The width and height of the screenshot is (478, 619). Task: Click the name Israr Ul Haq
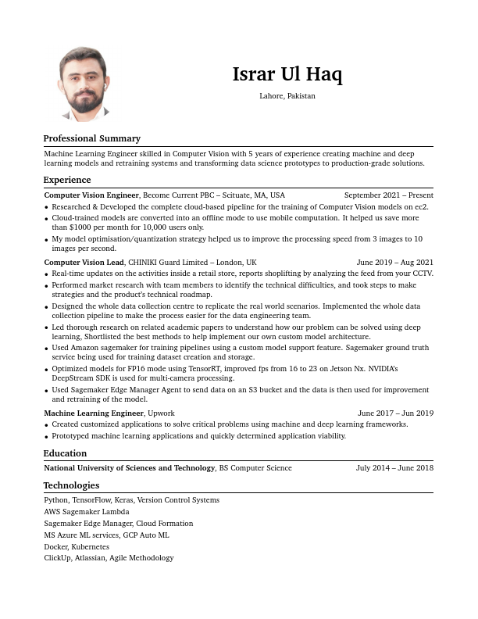(287, 75)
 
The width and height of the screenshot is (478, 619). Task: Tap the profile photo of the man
(84, 84)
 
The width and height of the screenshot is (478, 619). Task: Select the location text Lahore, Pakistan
(287, 96)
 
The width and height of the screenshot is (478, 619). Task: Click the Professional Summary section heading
(91, 138)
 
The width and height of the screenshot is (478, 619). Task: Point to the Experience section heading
(66, 180)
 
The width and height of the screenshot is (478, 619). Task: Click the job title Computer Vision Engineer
(91, 195)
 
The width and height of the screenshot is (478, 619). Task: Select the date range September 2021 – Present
(388, 195)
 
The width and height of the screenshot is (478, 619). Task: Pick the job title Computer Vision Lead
(84, 263)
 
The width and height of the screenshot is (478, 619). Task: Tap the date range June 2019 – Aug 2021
(394, 263)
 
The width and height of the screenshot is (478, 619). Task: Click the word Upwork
(161, 413)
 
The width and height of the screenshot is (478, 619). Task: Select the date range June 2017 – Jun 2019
(395, 413)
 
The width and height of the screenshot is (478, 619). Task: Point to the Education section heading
(65, 453)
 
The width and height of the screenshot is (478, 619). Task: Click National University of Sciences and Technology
(129, 468)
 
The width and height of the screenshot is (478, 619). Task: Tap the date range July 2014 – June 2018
(394, 468)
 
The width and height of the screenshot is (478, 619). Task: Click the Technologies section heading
(71, 485)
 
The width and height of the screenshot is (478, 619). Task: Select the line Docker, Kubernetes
(77, 547)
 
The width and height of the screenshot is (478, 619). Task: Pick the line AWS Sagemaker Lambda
(86, 512)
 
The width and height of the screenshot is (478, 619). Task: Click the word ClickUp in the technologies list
(57, 558)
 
